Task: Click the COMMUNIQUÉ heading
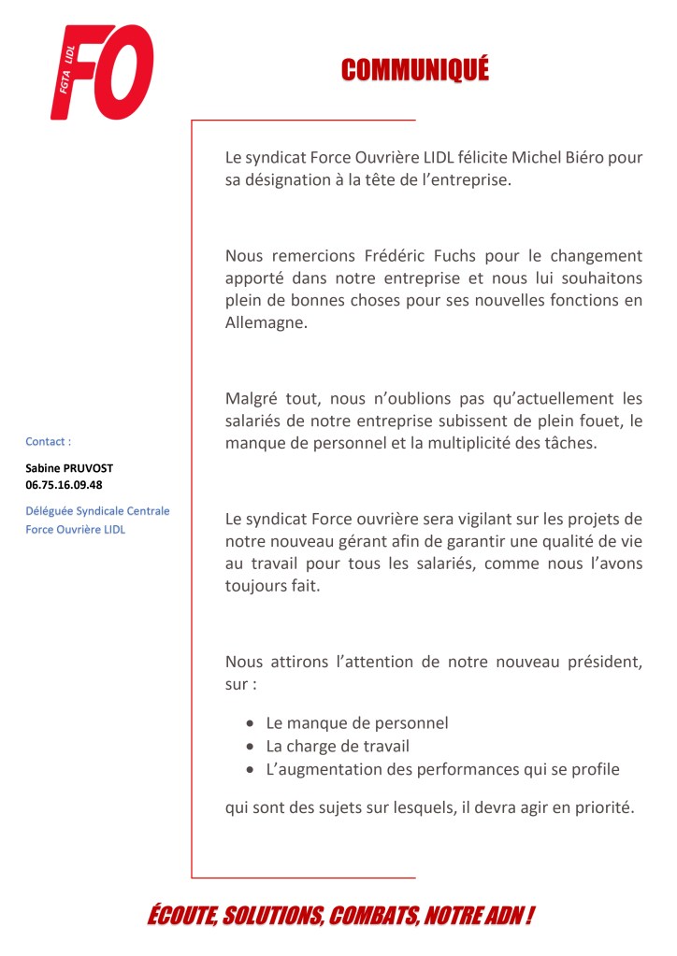pos(415,70)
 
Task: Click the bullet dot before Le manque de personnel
pos(250,723)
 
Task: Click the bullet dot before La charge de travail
pos(250,747)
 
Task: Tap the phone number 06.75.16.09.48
pos(64,485)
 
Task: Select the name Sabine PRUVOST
pos(68,468)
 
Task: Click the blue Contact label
pos(48,442)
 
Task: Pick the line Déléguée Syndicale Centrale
pos(97,511)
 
